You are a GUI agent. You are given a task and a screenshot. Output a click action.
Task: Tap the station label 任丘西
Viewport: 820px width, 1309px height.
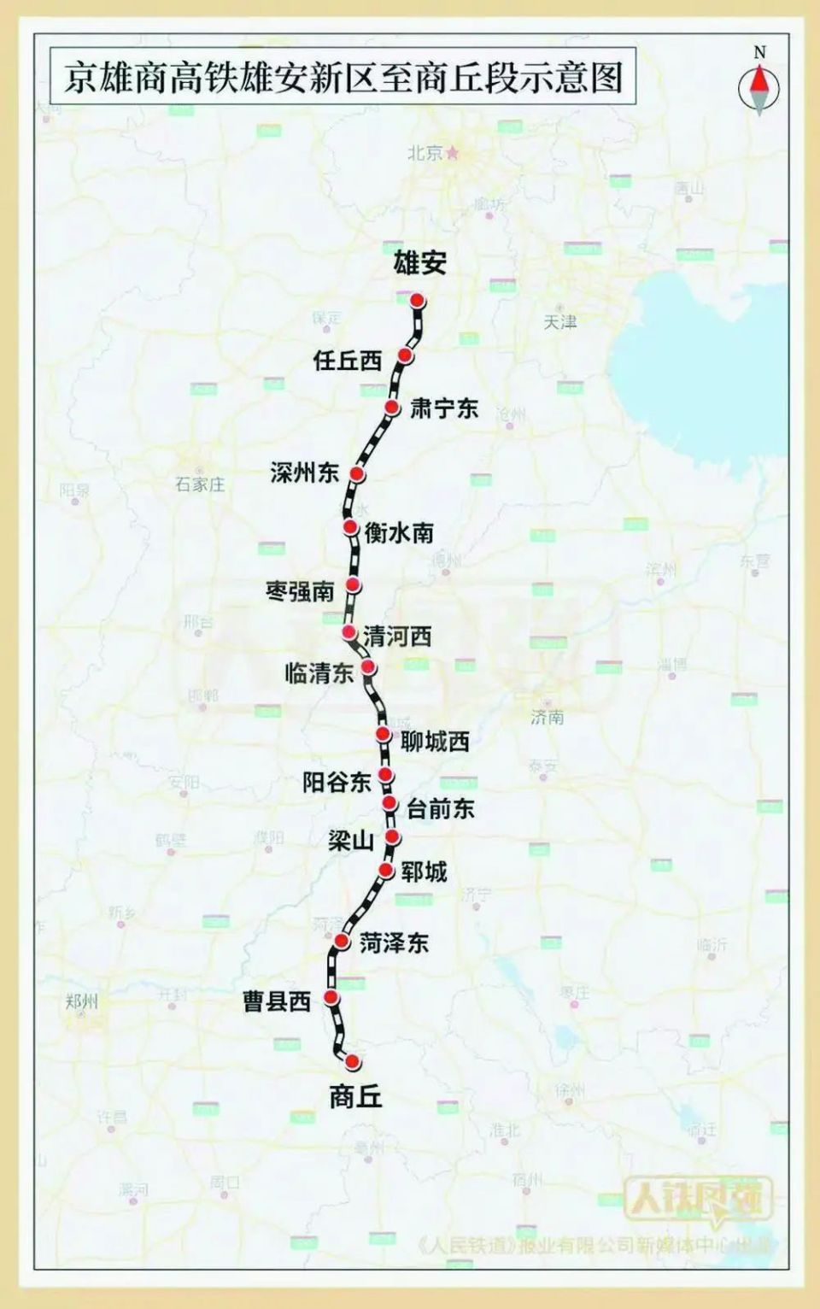coord(347,360)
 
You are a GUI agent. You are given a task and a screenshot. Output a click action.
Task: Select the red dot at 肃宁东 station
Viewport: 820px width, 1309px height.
coord(391,408)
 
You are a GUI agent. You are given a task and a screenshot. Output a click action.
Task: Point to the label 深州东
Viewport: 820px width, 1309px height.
coord(304,472)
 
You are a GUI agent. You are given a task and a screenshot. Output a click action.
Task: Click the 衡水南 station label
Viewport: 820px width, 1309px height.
coord(399,533)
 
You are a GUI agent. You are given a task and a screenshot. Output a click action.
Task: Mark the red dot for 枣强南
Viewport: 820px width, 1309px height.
coord(353,585)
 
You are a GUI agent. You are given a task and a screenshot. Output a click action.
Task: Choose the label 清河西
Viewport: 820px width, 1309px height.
coord(397,636)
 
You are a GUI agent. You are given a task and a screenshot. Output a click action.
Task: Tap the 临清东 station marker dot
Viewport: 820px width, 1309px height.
coord(368,666)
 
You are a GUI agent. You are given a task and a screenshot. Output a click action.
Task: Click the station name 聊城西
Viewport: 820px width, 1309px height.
coord(435,742)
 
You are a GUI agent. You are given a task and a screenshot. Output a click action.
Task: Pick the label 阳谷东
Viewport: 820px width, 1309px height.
coord(337,781)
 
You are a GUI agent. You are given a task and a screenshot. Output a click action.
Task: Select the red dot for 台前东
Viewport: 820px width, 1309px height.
coord(389,803)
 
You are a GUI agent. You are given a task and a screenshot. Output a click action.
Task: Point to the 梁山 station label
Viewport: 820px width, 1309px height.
coord(351,841)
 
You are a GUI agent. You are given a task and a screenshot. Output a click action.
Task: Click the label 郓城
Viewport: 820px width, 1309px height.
coord(424,872)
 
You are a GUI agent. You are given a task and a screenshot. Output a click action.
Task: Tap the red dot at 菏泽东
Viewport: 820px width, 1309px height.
coord(342,942)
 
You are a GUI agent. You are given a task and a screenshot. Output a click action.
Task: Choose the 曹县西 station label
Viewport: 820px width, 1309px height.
coord(277,1001)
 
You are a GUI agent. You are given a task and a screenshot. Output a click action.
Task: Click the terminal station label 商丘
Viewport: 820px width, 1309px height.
coord(355,1097)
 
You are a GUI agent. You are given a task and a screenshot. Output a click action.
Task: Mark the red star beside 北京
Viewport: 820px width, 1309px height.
coord(454,153)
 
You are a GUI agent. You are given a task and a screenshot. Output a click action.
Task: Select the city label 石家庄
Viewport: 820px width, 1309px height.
coord(201,484)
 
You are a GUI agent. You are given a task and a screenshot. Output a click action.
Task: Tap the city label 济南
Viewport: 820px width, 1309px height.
coord(548,717)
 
